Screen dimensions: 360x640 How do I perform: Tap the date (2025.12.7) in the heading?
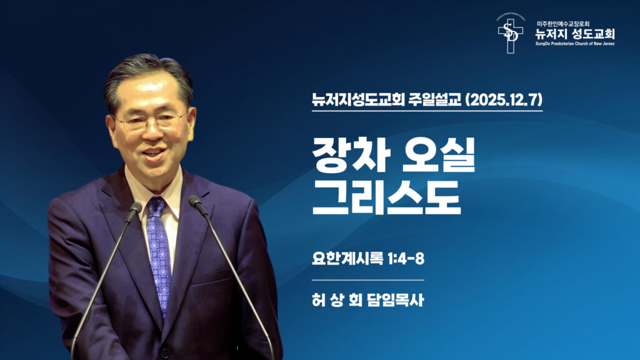click(505, 100)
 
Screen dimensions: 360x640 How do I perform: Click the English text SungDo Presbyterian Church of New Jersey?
click(575, 45)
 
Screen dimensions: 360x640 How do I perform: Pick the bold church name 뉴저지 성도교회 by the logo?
click(575, 34)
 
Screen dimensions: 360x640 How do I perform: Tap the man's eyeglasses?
click(150, 121)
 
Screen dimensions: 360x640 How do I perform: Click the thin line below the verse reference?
click(368, 279)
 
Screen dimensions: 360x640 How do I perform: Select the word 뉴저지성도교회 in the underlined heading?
click(354, 100)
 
